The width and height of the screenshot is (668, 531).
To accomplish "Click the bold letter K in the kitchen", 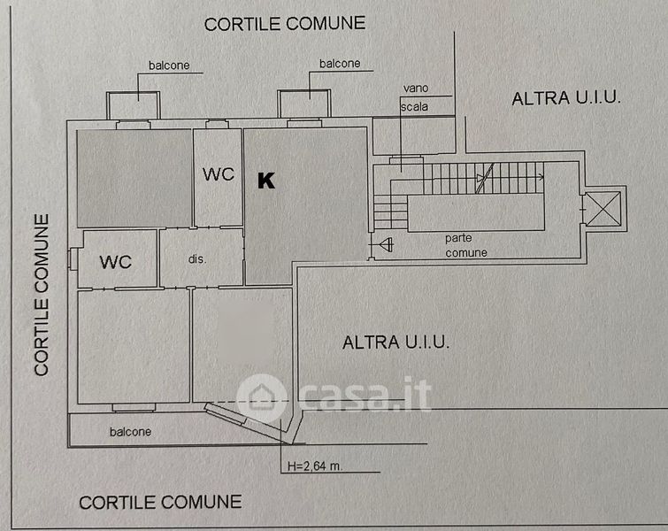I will point(265,181).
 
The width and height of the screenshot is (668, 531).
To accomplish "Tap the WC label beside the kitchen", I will point(219,174).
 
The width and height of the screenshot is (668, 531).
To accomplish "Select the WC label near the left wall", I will point(116,262).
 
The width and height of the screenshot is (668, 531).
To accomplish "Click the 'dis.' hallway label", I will point(197,259).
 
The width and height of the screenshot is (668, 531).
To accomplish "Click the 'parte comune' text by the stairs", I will point(466,245).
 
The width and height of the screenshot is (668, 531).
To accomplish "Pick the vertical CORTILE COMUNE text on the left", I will point(42,294).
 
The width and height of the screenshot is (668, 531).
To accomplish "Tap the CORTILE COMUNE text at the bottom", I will point(160,502).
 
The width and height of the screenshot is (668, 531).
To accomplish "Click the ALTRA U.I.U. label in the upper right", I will point(566,98).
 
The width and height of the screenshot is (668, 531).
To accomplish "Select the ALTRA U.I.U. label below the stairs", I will point(395,342).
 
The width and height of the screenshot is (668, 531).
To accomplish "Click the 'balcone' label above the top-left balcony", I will point(172,65).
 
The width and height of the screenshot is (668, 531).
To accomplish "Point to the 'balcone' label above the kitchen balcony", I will point(340,64).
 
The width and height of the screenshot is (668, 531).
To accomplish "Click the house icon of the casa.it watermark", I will point(263,393).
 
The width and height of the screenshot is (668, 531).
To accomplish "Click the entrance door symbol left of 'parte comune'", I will point(385,243).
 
